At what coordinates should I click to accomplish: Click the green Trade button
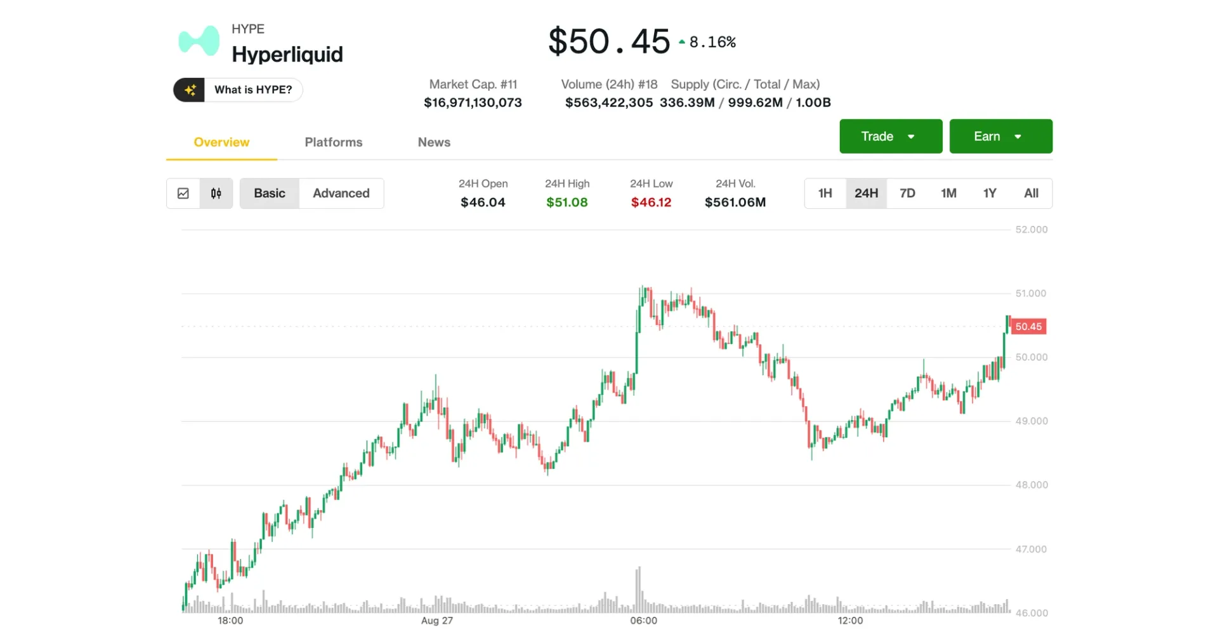890,136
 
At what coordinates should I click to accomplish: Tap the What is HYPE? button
238,90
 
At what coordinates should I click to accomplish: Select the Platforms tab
333,142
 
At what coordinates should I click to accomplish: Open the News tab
434,142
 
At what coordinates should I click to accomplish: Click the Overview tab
221,142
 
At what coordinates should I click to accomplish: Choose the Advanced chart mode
341,194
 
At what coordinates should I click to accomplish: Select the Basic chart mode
270,194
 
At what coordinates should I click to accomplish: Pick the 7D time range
907,194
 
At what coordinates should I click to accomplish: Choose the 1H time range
825,194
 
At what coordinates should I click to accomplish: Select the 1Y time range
990,194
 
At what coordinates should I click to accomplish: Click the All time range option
1031,194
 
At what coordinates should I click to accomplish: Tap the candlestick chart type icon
216,194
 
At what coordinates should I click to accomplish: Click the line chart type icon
183,194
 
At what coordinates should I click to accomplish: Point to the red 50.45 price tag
1028,327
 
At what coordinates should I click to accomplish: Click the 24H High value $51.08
566,202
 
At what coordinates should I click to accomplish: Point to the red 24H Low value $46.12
651,202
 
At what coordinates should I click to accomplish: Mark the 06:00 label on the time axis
643,621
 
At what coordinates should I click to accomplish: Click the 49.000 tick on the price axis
1031,421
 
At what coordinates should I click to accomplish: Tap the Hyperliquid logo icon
199,41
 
